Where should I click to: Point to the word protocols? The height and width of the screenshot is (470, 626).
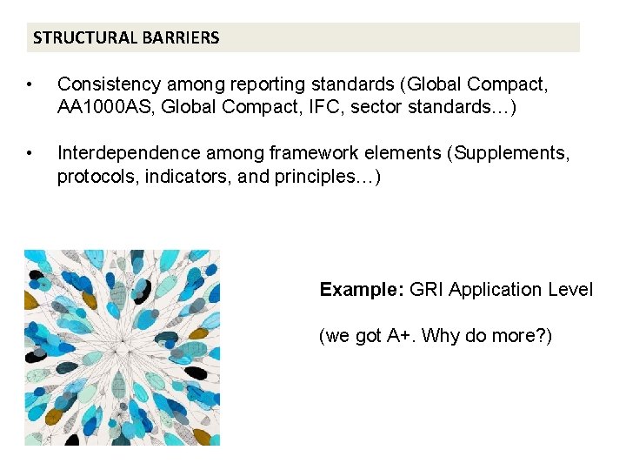pyautogui.click(x=94, y=176)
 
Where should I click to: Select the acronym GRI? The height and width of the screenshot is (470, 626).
pyautogui.click(x=426, y=290)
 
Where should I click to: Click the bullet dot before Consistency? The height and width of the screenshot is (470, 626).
pyautogui.click(x=30, y=85)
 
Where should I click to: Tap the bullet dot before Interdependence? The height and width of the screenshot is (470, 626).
pyautogui.click(x=30, y=154)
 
